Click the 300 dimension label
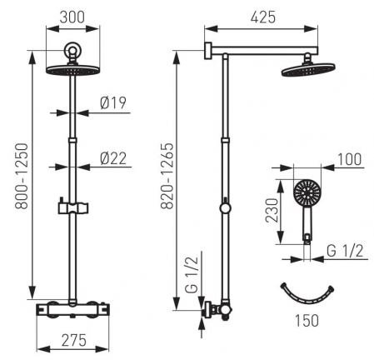pos(72,17)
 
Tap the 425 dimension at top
pos(263,17)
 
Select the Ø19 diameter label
pos(113,102)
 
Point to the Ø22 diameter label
pos(113,158)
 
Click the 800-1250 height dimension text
pos(22,176)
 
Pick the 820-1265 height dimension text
pos(167,176)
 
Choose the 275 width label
pos(74,340)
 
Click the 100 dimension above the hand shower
pos(349,160)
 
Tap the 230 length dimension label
pos(272,210)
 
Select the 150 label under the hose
pos(307,321)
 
